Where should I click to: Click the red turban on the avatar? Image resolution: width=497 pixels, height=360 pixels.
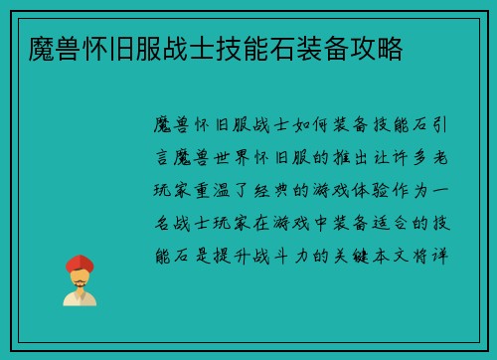pyautogui.click(x=80, y=264)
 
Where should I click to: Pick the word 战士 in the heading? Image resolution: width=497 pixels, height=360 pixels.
pyautogui.click(x=188, y=48)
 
